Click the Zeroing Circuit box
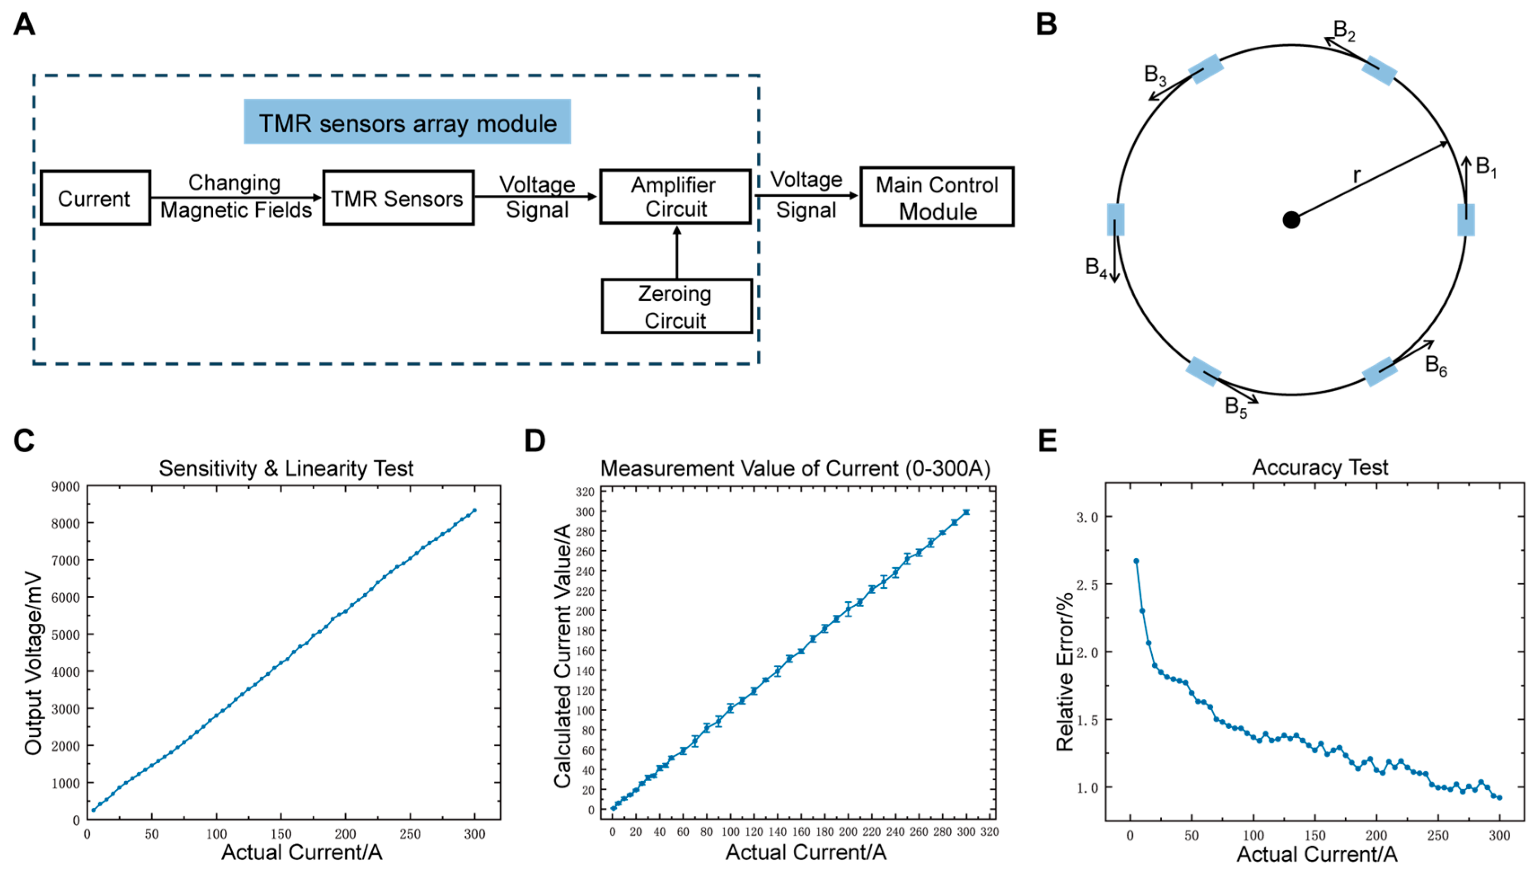point(676,306)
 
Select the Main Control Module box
point(936,197)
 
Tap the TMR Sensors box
point(398,198)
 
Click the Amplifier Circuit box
point(675,197)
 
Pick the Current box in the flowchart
point(95,198)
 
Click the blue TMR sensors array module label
point(407,122)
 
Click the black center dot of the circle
point(1291,220)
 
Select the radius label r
point(1356,175)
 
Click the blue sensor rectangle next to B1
point(1466,220)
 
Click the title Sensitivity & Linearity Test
point(286,468)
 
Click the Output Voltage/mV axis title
point(34,664)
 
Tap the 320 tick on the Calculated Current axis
point(585,492)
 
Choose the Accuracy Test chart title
point(1320,468)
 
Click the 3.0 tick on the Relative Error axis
point(1086,517)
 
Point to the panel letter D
point(534,441)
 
